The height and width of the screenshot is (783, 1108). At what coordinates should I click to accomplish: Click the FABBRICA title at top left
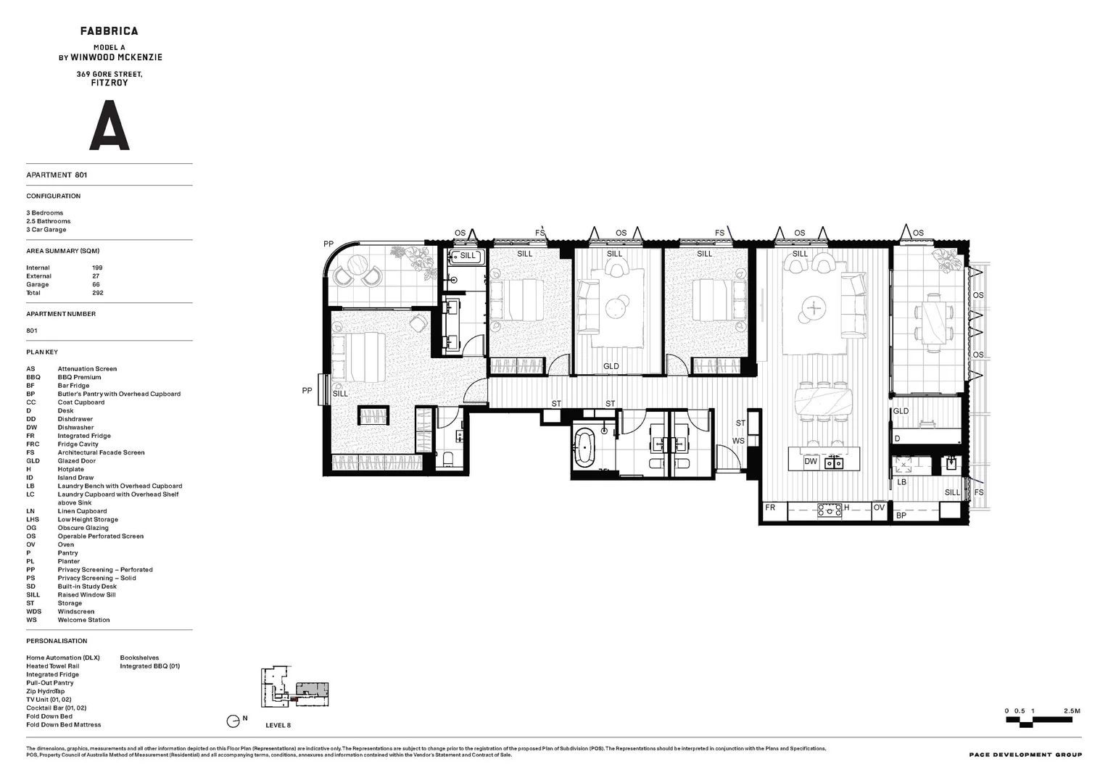[x=109, y=31]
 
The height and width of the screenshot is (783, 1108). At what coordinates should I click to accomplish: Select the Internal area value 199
[x=97, y=268]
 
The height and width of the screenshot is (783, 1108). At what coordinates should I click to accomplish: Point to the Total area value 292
[x=97, y=293]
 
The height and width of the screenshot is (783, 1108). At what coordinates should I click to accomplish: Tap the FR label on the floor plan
[x=770, y=507]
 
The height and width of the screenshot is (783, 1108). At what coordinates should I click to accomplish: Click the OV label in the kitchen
[x=879, y=507]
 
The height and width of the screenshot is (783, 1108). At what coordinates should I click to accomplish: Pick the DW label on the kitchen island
[x=811, y=461]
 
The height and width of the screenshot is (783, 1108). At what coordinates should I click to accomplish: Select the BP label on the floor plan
[x=901, y=515]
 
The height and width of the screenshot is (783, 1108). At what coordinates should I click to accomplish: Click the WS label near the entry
[x=738, y=441]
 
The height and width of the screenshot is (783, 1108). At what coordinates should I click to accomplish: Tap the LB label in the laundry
[x=902, y=481]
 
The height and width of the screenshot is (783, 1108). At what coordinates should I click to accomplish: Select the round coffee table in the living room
[x=814, y=309]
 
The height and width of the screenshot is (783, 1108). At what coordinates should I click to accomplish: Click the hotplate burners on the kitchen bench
[x=828, y=510]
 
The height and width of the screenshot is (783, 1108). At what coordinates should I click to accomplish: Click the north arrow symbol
[x=233, y=721]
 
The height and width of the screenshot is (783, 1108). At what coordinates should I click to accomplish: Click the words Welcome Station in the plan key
[x=84, y=620]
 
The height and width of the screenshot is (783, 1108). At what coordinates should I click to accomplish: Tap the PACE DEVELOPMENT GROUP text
[x=1025, y=755]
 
